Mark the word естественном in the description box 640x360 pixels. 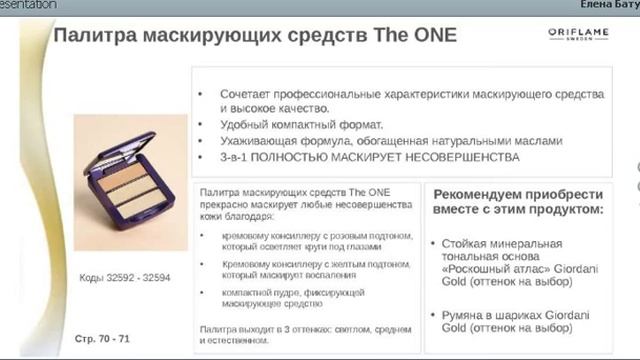pyautogui.click(x=236, y=340)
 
